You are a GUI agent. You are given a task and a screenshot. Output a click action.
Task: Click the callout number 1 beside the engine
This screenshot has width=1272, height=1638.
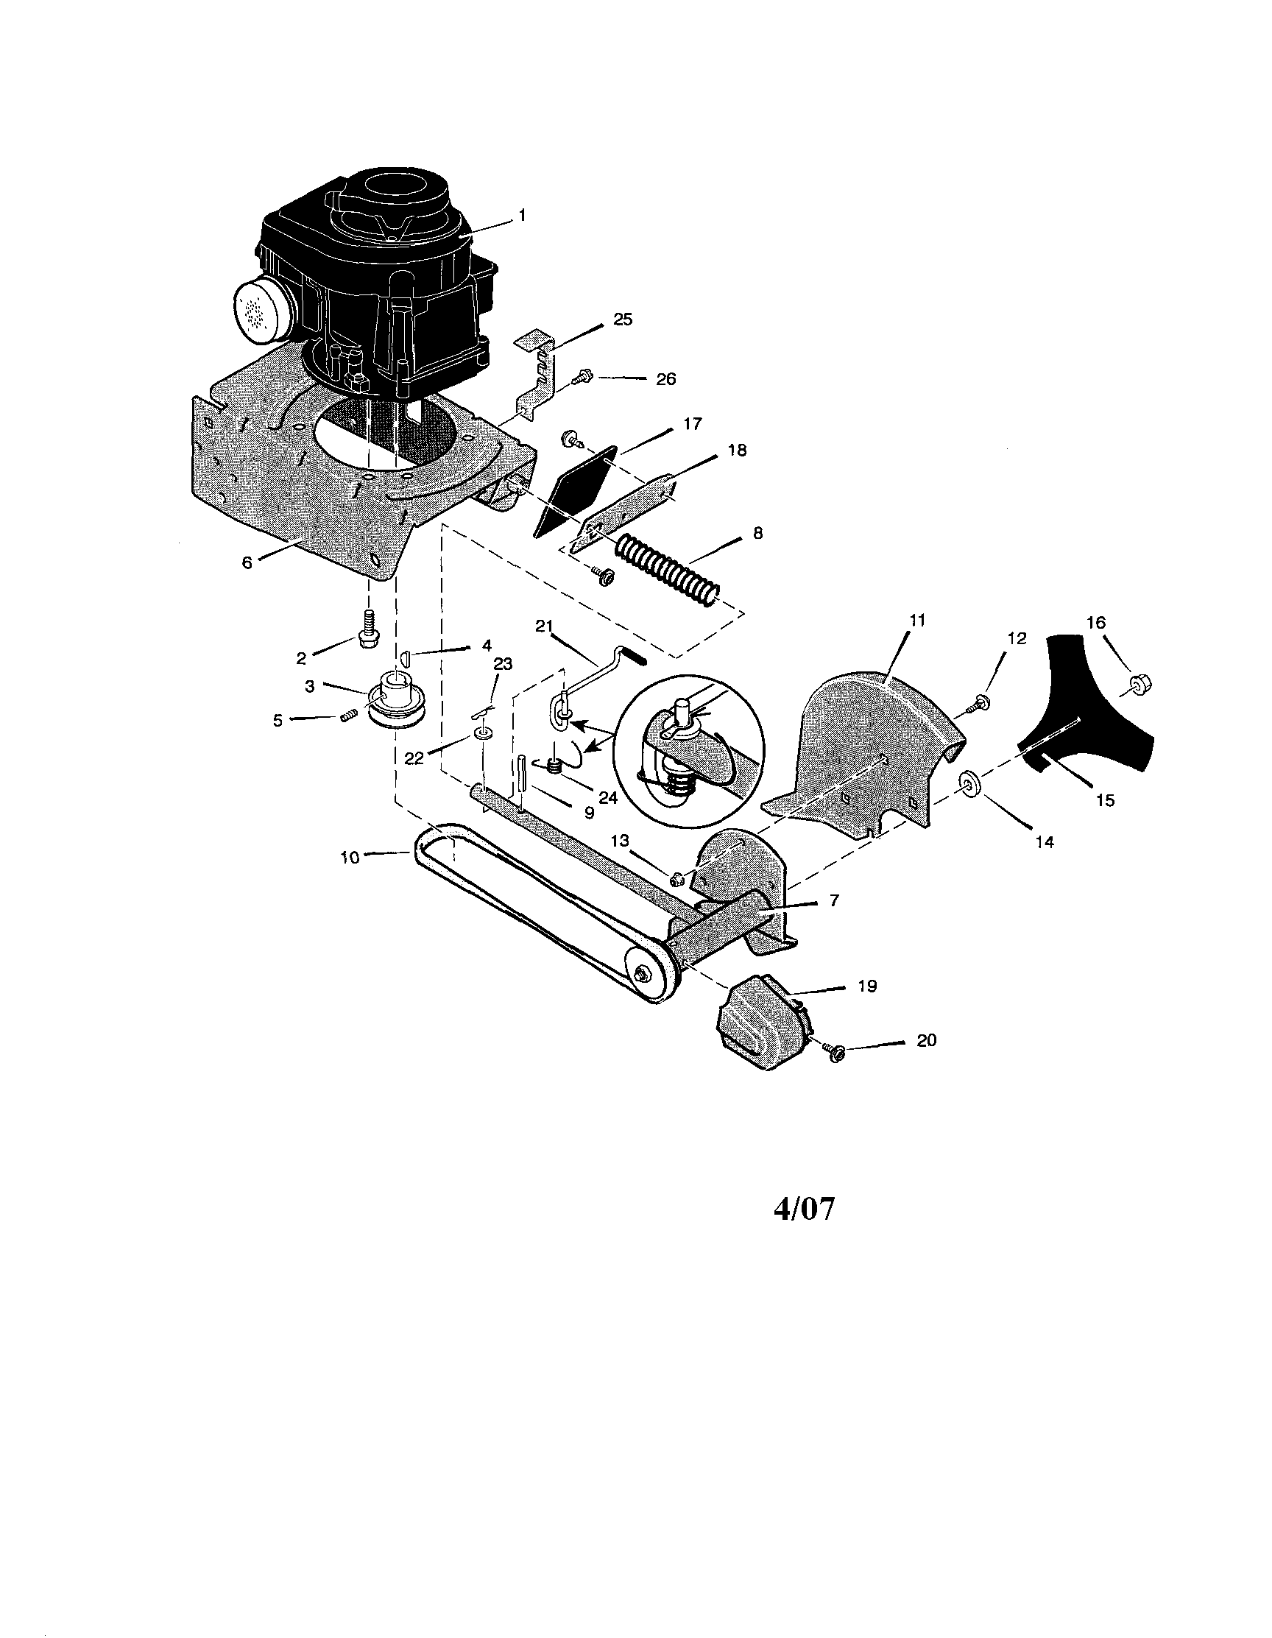[522, 215]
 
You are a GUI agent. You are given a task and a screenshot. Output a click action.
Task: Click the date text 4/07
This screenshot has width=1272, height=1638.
[803, 1208]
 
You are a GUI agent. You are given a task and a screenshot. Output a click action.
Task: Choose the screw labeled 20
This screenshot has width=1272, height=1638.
[832, 1051]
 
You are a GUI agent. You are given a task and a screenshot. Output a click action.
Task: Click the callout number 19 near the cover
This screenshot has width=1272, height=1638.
[866, 986]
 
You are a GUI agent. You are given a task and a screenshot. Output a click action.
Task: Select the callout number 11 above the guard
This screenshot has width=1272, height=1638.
[917, 621]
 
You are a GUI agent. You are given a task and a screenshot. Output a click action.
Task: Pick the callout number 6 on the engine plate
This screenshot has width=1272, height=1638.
[247, 562]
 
